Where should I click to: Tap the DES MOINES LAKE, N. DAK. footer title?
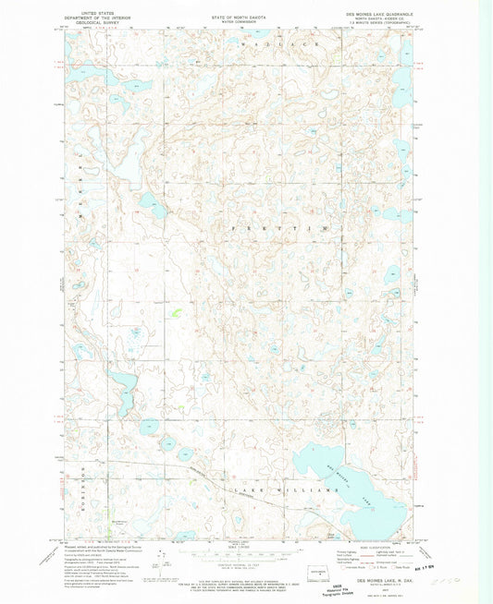[x=384, y=580]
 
